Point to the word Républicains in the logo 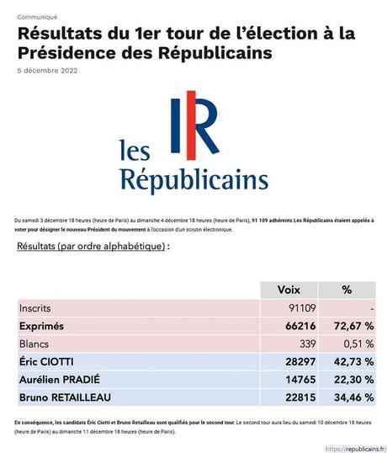194,179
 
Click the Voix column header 288,289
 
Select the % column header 346,289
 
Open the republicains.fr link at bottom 349,448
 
